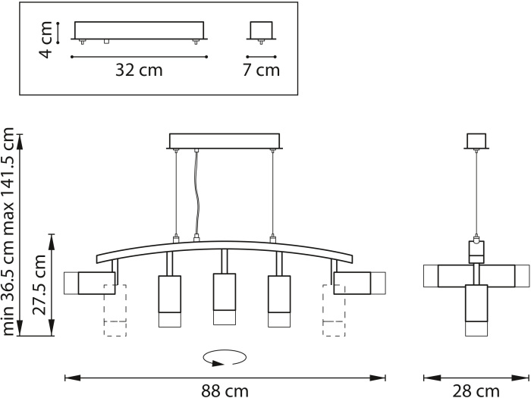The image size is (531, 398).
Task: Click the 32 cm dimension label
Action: [x=139, y=70]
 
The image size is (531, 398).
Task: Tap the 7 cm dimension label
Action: [x=261, y=70]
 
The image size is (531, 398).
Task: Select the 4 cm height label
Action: [x=46, y=39]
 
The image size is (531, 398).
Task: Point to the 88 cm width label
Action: [x=225, y=391]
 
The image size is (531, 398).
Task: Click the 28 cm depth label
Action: [x=476, y=391]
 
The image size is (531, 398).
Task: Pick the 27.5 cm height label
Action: [x=39, y=284]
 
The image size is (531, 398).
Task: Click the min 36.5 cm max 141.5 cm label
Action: [x=8, y=232]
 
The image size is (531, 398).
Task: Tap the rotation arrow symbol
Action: [x=225, y=359]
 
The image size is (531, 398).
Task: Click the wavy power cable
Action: [x=196, y=193]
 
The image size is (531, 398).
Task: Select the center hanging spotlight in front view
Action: [x=225, y=299]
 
